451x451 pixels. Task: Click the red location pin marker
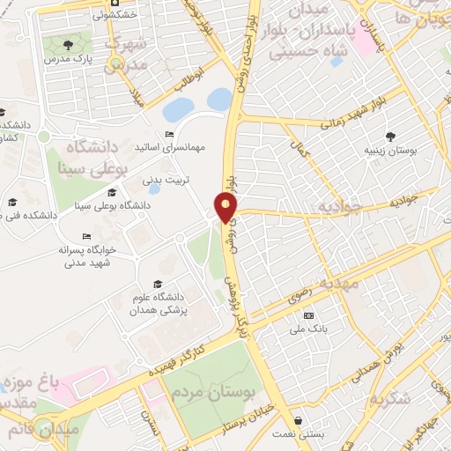coord(226,207)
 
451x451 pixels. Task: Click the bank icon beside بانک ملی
coord(307,315)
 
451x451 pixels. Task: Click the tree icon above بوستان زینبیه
coord(390,136)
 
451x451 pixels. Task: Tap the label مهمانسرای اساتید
coord(177,147)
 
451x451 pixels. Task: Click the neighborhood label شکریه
coord(389,398)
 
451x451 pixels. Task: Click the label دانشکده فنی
coord(34,214)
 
